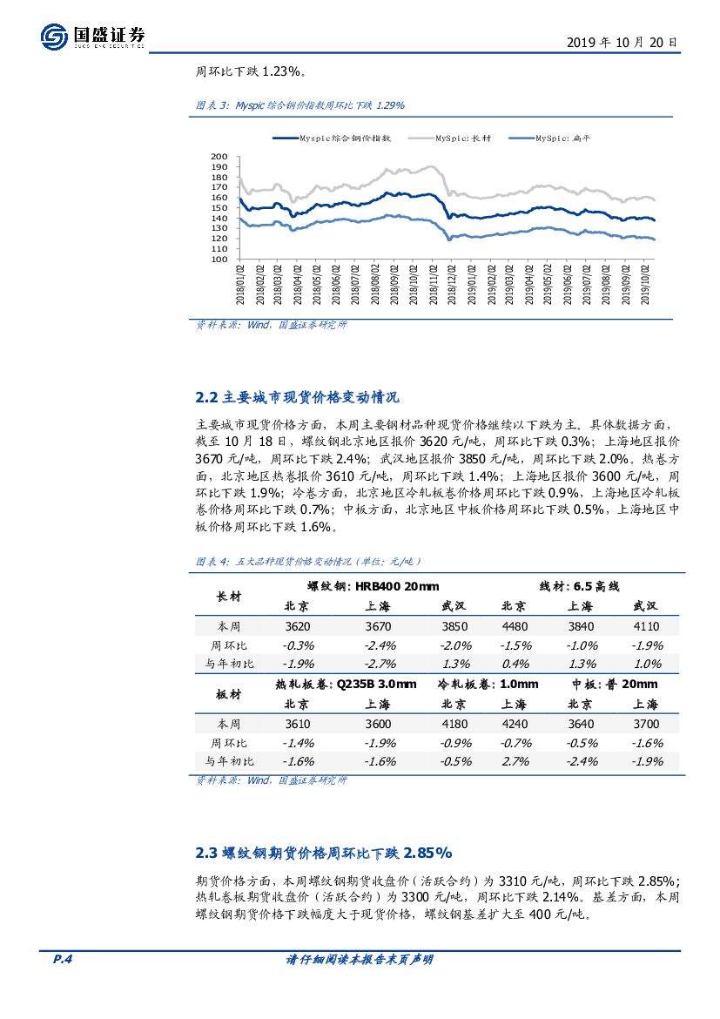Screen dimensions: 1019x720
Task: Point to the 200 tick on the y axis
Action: (219, 156)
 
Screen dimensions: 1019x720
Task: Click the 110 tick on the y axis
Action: (219, 249)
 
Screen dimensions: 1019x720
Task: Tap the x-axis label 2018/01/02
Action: (240, 285)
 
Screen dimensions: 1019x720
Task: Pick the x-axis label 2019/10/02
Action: (645, 285)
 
